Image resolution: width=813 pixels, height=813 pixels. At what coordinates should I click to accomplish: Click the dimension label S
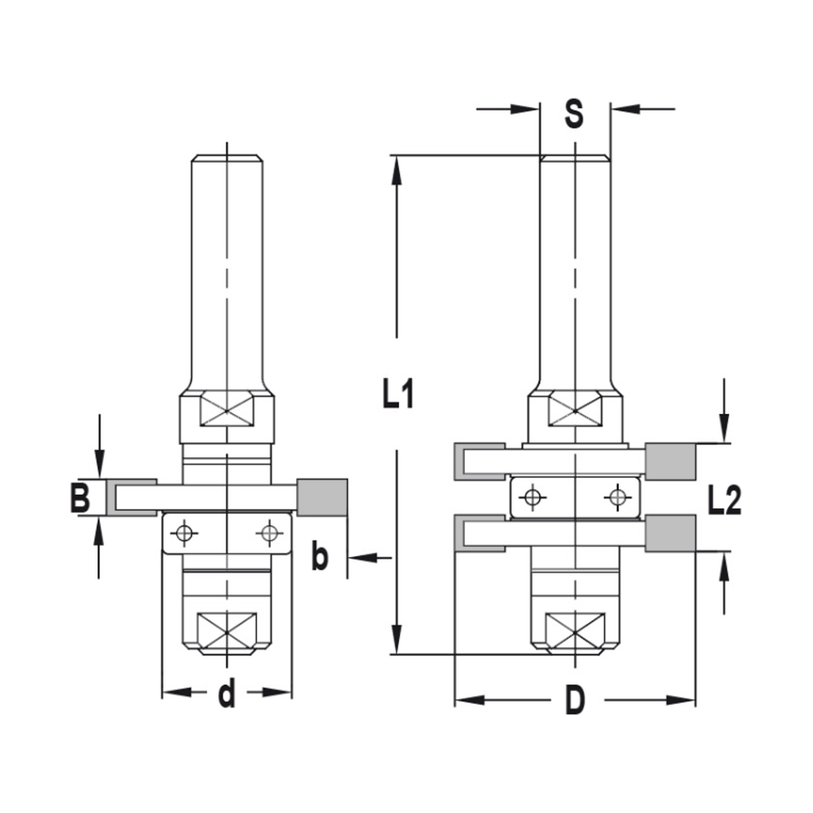coord(574,114)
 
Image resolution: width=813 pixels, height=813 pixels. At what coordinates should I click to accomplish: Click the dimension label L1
coord(399,396)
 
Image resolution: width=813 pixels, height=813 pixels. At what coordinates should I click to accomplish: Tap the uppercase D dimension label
coord(575,701)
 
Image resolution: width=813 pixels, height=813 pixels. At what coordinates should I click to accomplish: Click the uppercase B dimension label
coord(80,498)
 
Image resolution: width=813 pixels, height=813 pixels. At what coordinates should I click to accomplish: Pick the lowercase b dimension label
coord(320,558)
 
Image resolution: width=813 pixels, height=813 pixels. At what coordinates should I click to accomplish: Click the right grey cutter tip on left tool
coord(323,497)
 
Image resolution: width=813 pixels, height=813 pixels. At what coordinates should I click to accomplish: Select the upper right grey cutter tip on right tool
coord(671,461)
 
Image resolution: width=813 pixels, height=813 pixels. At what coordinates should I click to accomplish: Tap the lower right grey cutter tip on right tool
coord(671,533)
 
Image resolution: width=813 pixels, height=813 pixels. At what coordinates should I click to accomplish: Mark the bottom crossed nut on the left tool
coord(227,630)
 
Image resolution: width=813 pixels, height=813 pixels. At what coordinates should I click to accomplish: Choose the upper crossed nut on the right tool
coord(575,409)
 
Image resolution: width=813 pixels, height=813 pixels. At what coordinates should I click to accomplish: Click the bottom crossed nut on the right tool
coord(575,630)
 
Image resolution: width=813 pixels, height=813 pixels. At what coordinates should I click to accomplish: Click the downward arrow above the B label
coord(99,467)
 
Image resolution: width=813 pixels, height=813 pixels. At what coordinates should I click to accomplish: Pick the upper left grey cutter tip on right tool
coord(461,461)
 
